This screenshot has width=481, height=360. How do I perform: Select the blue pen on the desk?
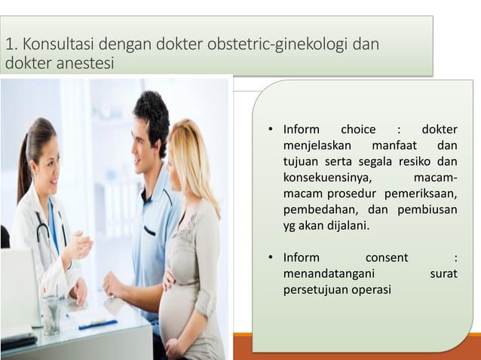(x=98, y=324)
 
